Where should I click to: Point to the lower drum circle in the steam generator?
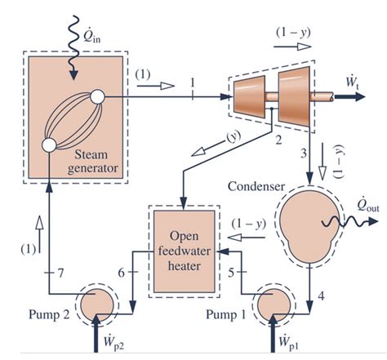(x=48, y=144)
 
